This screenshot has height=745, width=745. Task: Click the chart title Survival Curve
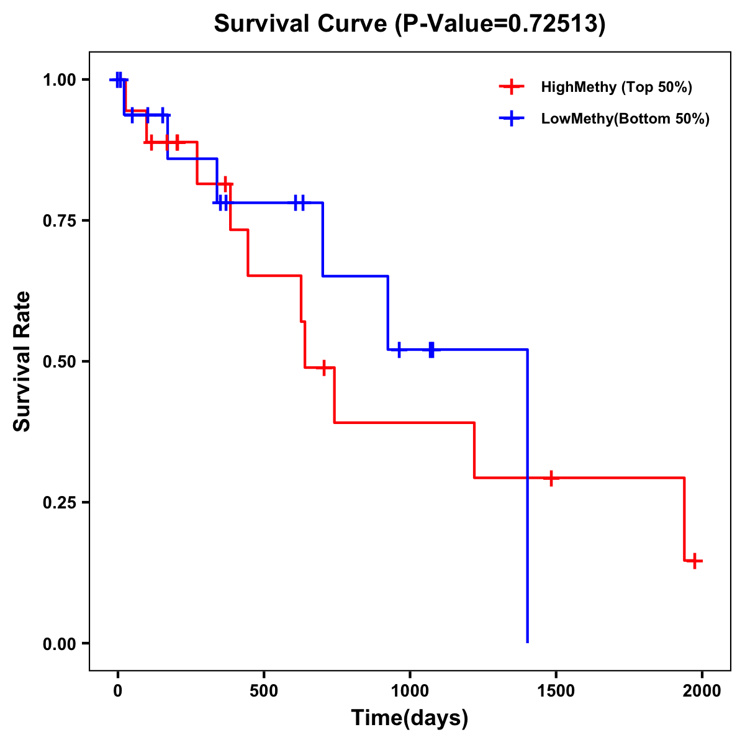[x=409, y=24]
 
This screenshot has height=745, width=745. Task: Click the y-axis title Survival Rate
[x=22, y=361]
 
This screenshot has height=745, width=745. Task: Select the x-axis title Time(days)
[x=410, y=718]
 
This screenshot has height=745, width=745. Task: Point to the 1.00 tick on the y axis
[x=59, y=80]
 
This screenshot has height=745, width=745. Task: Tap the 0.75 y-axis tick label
[x=59, y=221]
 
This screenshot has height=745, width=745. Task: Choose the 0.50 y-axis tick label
[x=59, y=362]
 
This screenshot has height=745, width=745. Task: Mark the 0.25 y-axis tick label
[x=59, y=503]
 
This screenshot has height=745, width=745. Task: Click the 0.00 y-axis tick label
[x=59, y=644]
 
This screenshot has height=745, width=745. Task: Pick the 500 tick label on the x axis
[x=264, y=690]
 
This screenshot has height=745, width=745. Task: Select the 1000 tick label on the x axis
[x=410, y=690]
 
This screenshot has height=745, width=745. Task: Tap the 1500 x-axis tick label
[x=556, y=690]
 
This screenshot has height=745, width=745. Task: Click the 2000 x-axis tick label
[x=702, y=690]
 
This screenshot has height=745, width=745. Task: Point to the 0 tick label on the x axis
[x=117, y=690]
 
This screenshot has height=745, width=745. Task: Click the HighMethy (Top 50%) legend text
[x=616, y=87]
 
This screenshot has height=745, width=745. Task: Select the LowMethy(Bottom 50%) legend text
[x=625, y=119]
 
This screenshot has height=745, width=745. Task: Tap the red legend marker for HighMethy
[x=512, y=87]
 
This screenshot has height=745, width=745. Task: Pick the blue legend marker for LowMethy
[x=512, y=119]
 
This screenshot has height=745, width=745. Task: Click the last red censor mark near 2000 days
[x=695, y=561]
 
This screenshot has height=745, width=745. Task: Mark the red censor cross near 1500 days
[x=551, y=478]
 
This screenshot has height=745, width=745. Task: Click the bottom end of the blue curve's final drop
[x=527, y=642]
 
